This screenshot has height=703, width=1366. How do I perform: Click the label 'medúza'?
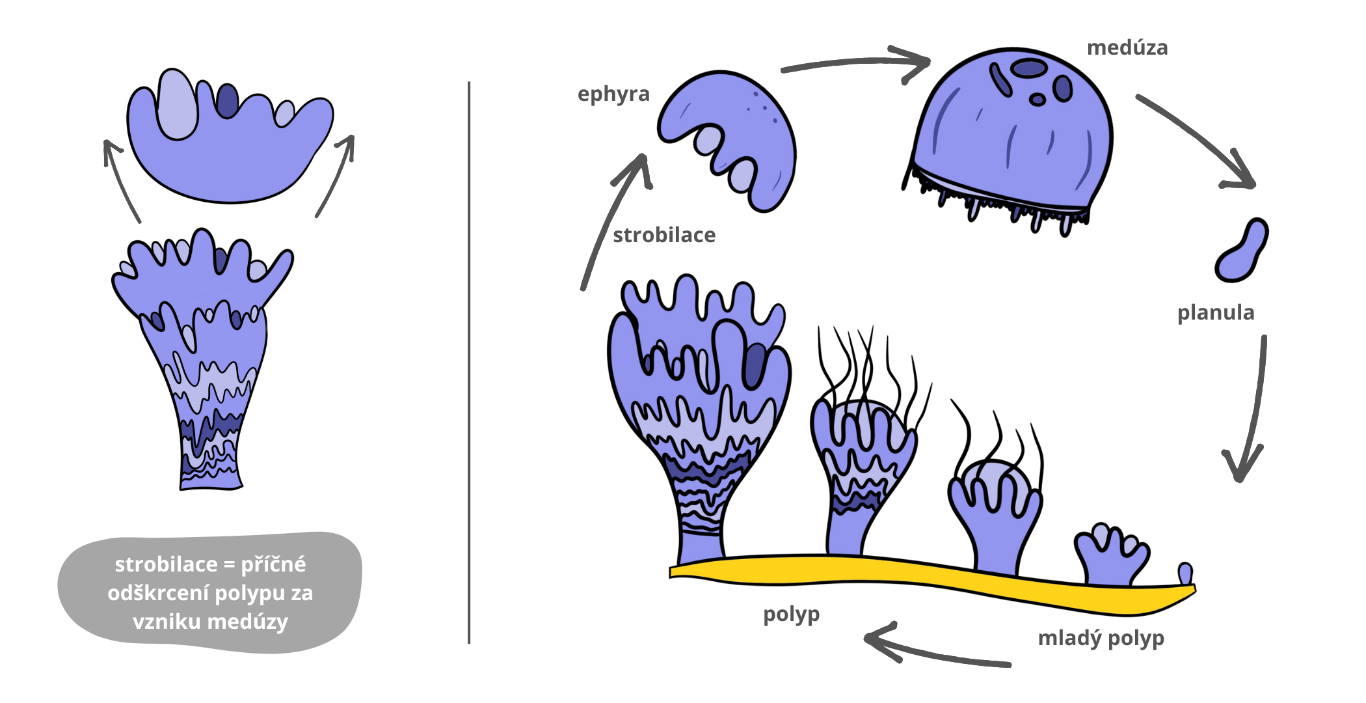tap(1127, 48)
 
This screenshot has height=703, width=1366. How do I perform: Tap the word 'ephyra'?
tap(613, 94)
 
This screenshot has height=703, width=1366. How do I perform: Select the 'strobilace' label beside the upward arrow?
tap(663, 235)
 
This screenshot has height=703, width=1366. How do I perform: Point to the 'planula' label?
tap(1215, 312)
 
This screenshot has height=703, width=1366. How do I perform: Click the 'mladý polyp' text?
tap(1101, 638)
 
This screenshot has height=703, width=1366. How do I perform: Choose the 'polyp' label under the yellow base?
tap(791, 614)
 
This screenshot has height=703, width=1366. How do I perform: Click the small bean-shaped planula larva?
tap(1241, 251)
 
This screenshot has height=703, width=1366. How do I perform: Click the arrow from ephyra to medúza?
tap(859, 63)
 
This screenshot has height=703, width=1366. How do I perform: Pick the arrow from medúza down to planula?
tap(1197, 140)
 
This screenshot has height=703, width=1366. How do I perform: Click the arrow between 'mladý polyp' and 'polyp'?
tap(937, 651)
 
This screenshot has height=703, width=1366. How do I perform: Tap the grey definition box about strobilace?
tap(209, 592)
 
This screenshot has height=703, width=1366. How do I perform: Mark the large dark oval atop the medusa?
tap(1030, 68)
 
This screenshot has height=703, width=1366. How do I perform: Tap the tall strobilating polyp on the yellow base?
tap(699, 417)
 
